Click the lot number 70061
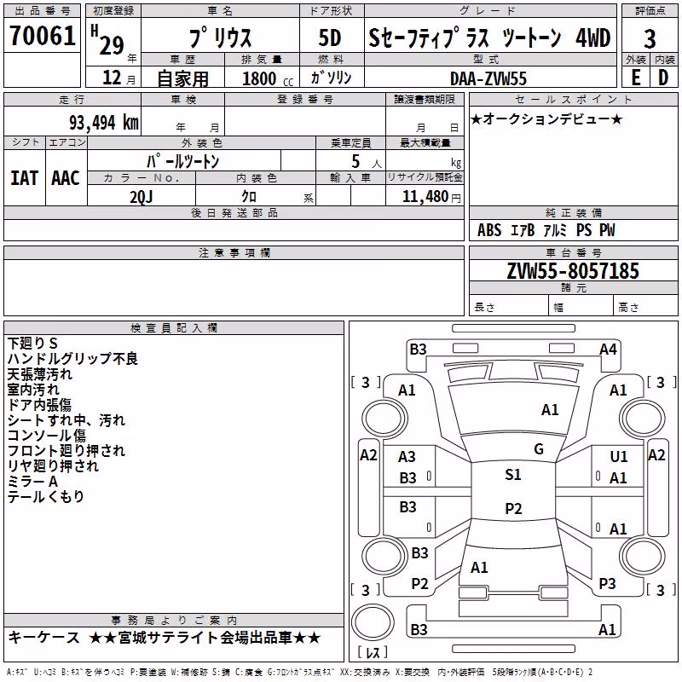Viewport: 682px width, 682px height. pos(43,36)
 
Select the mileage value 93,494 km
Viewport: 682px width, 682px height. pos(104,123)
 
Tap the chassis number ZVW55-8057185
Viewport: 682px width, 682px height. pos(573,271)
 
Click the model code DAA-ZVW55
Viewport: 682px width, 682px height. pos(488,78)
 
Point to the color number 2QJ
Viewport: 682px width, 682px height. pos(142,197)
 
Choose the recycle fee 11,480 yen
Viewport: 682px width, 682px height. pos(431,197)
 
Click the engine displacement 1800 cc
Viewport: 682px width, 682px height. pos(268,78)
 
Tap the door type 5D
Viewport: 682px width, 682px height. pos(330,38)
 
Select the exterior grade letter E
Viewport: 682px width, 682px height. pos(636,78)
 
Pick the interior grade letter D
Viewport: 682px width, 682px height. pos(663,78)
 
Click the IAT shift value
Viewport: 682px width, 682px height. pos(24,178)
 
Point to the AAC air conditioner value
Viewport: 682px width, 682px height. pos(66,178)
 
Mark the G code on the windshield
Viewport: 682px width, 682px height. pos(539,449)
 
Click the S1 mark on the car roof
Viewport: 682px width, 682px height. pos(513,475)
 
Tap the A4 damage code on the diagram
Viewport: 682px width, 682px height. pos(608,350)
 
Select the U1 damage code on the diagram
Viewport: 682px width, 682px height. pos(619,456)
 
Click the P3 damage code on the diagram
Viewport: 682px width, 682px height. pos(607,583)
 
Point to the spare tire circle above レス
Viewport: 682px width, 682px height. pos(373,622)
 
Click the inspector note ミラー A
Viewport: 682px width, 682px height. pos(32,482)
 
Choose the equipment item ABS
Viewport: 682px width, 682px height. pos(489,230)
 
